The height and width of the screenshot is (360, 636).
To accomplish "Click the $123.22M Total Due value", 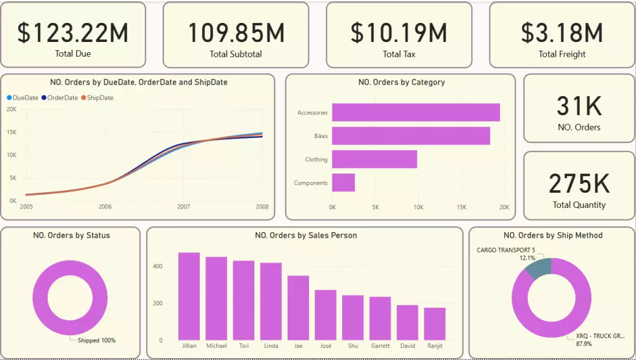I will click(73, 32).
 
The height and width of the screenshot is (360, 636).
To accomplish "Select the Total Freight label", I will click(562, 54).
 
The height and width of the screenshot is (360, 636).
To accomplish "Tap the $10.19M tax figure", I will click(399, 32).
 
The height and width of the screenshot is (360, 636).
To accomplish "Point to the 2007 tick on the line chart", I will click(184, 207).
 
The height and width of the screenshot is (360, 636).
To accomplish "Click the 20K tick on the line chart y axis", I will click(11, 109).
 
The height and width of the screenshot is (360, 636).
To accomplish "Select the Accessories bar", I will click(415, 113).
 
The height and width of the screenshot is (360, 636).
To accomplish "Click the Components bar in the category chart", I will click(343, 183).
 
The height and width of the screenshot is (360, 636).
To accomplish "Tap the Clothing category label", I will click(316, 160).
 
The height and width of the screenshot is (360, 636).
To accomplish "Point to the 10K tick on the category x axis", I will click(418, 207).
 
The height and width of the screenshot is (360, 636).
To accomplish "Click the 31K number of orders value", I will click(578, 106).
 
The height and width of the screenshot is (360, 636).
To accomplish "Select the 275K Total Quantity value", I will click(578, 183).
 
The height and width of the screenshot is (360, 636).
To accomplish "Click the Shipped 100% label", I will click(97, 340).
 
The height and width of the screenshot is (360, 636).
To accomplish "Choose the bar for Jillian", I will click(189, 296).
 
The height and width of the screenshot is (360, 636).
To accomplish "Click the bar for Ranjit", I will click(435, 324).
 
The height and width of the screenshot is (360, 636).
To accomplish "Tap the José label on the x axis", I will click(326, 346).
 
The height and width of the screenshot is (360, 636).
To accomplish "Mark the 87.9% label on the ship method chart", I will click(583, 344).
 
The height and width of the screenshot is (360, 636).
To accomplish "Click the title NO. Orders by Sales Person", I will click(305, 235).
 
